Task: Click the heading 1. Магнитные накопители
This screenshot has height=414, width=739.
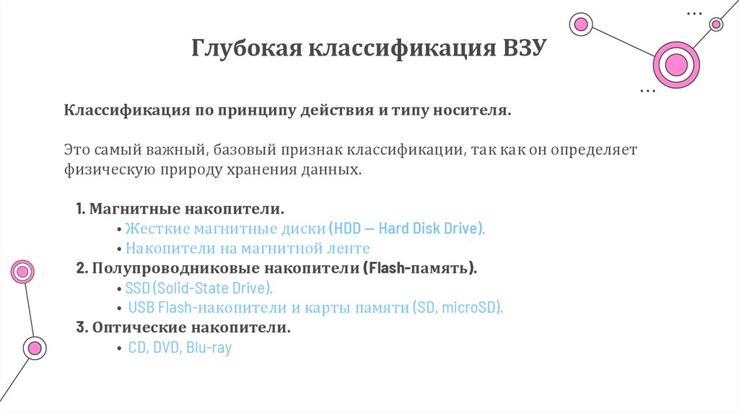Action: click(x=180, y=210)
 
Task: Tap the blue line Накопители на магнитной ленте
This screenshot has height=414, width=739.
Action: click(x=248, y=249)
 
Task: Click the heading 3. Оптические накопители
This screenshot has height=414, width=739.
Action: click(x=183, y=328)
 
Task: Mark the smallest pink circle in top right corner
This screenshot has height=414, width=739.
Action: click(x=716, y=25)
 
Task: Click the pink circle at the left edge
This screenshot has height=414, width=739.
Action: click(x=22, y=272)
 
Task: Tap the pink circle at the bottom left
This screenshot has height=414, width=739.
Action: click(x=33, y=348)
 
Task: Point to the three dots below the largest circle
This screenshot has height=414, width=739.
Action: click(x=648, y=92)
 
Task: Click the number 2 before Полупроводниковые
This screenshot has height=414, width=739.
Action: click(x=80, y=269)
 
